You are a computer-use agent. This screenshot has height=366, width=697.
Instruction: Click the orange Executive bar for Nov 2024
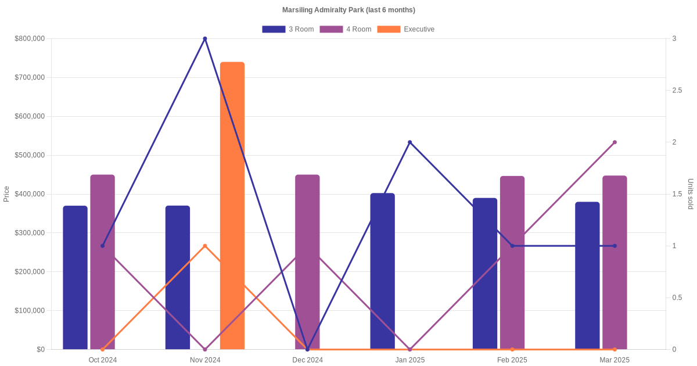232,206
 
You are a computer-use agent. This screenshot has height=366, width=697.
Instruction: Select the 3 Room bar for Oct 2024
76,278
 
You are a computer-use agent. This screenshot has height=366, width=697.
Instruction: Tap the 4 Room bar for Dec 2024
307,262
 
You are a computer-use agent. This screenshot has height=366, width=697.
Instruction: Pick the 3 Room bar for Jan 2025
382,271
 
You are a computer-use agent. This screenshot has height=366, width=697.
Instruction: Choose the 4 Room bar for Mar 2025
615,263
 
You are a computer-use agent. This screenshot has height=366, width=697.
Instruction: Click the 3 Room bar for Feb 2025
485,274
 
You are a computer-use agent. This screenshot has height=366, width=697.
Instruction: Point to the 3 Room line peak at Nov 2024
205,39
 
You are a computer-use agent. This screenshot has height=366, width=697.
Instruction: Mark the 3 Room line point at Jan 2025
410,142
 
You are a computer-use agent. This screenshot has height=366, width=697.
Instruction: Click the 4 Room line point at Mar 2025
615,142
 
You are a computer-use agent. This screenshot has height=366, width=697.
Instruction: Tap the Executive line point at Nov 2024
205,246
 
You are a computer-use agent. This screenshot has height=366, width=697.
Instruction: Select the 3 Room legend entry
288,29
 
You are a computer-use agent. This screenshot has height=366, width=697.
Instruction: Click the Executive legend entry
405,29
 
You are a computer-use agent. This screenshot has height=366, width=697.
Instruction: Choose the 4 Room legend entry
345,29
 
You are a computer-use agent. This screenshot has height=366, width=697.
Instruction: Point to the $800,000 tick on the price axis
30,39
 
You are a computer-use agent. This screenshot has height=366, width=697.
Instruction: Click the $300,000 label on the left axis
30,233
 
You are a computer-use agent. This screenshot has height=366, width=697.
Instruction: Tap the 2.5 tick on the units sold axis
677,91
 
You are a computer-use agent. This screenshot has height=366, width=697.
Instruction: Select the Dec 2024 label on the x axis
307,360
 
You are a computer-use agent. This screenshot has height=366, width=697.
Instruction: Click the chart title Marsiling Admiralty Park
348,10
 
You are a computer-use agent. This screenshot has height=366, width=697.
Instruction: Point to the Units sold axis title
691,194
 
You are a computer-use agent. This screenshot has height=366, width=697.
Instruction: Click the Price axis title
6,194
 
